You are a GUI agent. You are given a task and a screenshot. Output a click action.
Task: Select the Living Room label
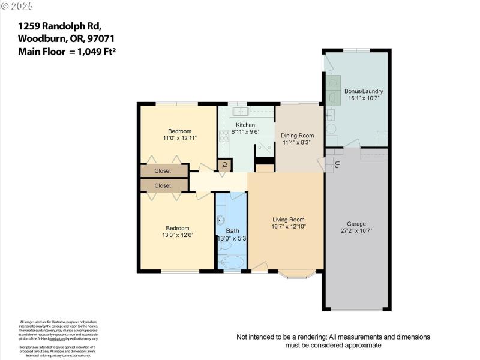coord(288,220)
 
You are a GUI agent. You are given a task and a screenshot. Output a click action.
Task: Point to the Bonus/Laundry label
coord(363,91)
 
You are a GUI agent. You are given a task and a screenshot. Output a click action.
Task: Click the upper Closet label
coord(163,171)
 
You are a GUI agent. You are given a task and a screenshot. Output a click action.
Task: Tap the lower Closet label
coord(163,186)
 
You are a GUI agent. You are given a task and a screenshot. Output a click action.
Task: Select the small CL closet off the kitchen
coord(224,165)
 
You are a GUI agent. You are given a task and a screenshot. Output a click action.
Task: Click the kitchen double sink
coord(241,111)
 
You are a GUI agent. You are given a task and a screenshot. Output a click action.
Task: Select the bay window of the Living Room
coord(296,275)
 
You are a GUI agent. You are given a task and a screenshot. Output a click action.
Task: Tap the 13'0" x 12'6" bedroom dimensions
coord(178,236)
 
